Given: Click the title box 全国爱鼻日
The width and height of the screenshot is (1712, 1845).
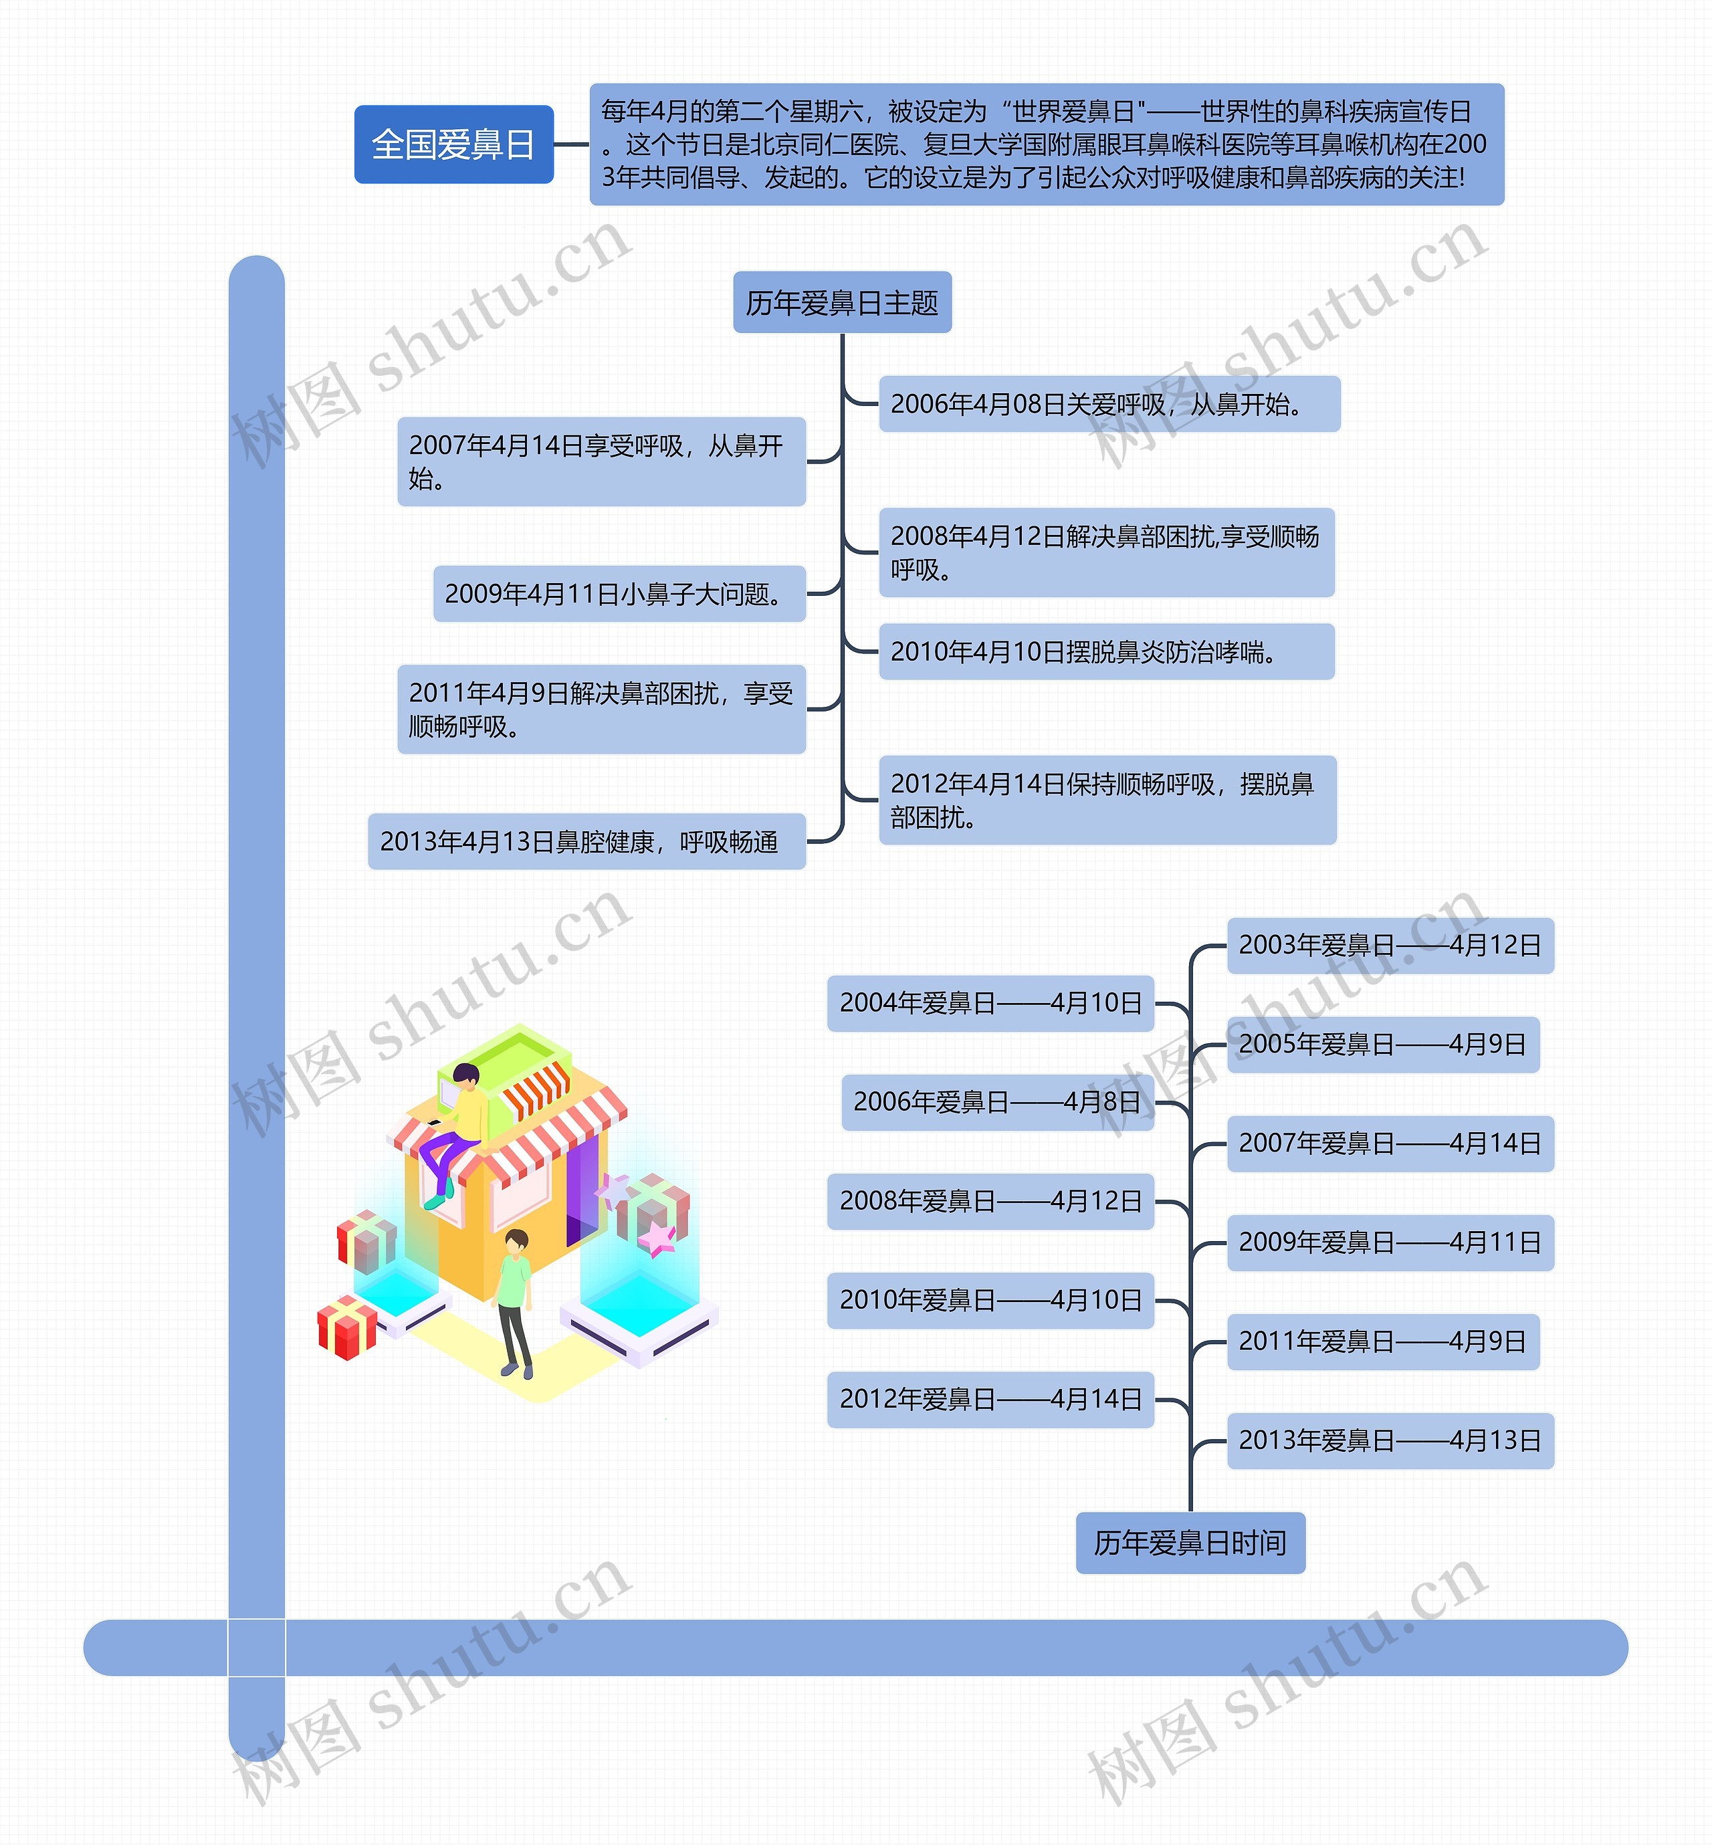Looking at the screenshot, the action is tap(453, 144).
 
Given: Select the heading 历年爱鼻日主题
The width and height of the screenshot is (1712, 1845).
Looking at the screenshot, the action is tap(841, 303).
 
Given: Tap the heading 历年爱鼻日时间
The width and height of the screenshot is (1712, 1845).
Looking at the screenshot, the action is tap(1190, 1543).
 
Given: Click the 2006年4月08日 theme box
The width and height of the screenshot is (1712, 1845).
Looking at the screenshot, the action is tap(1108, 404).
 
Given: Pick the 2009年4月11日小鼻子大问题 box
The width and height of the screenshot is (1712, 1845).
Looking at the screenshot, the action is tap(619, 594).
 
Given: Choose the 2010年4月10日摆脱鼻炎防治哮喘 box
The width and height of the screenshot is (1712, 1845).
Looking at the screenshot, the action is tap(1105, 652).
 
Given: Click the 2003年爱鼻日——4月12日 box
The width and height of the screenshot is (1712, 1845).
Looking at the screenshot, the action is tap(1390, 946).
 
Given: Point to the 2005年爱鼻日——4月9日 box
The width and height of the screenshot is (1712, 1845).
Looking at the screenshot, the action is tap(1382, 1045).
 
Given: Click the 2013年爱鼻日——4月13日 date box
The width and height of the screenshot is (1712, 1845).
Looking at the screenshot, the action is tap(1390, 1440).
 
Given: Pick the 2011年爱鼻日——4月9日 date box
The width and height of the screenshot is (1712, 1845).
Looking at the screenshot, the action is tap(1382, 1341).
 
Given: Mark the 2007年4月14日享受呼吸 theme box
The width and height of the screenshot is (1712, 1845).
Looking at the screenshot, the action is tap(601, 461).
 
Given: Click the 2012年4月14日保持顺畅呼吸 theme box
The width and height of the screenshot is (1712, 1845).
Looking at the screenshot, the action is tap(1106, 800).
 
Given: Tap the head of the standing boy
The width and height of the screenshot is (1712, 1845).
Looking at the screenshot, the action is tap(516, 1240).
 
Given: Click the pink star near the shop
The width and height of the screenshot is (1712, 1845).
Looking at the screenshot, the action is tap(657, 1237).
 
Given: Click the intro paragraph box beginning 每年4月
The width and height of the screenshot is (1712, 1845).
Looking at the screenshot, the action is tap(1046, 144).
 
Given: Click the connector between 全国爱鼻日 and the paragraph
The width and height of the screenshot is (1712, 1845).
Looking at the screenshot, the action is tap(572, 144).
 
